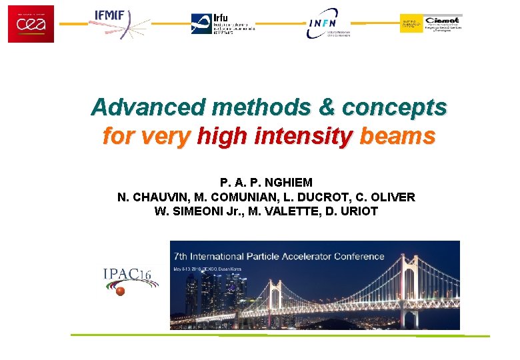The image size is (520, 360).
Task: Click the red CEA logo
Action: pos(31,23)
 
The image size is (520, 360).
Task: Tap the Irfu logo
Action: pos(223,24)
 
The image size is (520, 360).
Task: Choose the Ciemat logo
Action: pos(431,23)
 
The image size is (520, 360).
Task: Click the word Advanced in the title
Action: pos(148,107)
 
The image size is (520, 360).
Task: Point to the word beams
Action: pos(397,137)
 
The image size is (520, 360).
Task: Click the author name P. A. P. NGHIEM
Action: pos(266,183)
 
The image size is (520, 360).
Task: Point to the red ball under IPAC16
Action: pos(121,291)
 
